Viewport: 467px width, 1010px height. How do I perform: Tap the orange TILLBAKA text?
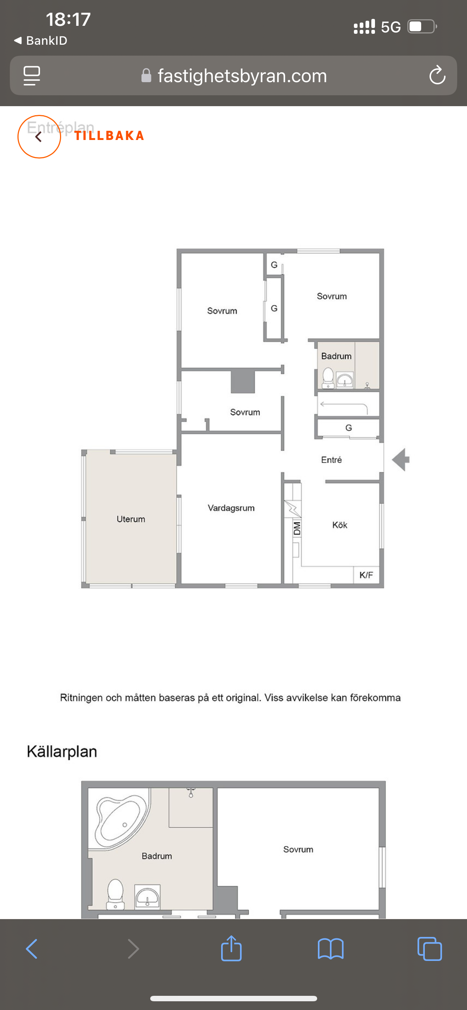click(x=109, y=136)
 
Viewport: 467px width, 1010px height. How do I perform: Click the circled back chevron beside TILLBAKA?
click(x=39, y=136)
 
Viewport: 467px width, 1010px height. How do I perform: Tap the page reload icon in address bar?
click(x=437, y=75)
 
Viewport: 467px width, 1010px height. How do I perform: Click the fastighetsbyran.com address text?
click(x=242, y=76)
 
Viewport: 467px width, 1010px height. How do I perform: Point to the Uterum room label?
click(x=131, y=519)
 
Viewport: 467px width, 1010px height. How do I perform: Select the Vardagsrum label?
click(x=231, y=508)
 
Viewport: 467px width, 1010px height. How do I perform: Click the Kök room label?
click(x=340, y=525)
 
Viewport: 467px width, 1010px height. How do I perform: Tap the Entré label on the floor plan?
click(x=331, y=460)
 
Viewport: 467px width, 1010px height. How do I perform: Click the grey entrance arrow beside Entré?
click(x=401, y=460)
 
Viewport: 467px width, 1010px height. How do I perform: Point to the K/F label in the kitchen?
click(x=366, y=575)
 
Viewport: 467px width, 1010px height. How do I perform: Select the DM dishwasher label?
click(x=297, y=529)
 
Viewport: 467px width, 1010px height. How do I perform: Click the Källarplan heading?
click(x=62, y=752)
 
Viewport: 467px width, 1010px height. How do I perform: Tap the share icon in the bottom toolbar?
click(x=231, y=948)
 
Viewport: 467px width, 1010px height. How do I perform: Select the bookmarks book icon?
click(x=331, y=949)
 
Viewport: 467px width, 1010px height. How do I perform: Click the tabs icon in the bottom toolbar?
click(x=430, y=949)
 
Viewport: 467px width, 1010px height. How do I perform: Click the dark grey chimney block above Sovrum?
click(x=243, y=381)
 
